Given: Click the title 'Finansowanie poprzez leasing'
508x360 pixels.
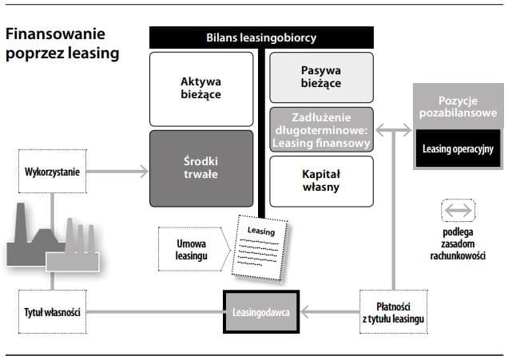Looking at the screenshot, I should [62, 45].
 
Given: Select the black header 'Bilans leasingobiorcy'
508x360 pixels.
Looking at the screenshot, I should [261, 38].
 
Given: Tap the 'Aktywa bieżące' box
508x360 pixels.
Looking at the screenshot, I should [200, 87].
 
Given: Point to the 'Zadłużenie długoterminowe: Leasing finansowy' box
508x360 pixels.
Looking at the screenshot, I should [321, 129].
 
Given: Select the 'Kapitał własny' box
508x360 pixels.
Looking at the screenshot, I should [321, 180].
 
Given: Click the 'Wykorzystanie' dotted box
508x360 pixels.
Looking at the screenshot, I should [52, 170].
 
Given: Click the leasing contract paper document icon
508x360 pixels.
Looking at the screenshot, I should [259, 247].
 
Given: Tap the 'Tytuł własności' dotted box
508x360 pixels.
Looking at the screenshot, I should [52, 311].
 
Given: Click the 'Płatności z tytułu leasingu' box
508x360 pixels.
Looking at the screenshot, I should [393, 311].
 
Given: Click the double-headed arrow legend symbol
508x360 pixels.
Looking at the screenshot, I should [458, 212].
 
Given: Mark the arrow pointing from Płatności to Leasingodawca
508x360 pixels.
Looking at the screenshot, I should [327, 311].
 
